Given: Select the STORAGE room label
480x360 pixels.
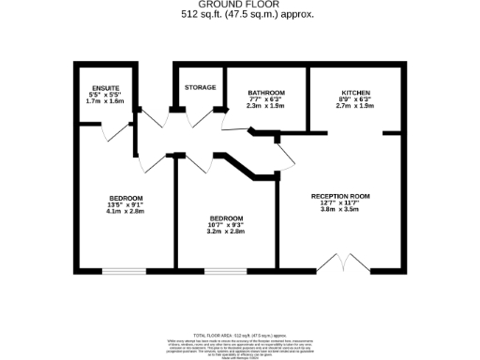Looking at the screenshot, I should pyautogui.click(x=200, y=87).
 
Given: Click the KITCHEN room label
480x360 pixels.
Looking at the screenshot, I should pyautogui.click(x=355, y=93).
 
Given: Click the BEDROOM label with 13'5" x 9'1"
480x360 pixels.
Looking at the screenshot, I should pyautogui.click(x=125, y=198).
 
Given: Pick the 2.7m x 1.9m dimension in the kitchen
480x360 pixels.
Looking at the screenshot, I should pyautogui.click(x=355, y=106).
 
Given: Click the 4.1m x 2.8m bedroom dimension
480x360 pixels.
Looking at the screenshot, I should pyautogui.click(x=125, y=212).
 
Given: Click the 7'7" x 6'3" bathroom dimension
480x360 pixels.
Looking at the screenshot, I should pyautogui.click(x=266, y=99).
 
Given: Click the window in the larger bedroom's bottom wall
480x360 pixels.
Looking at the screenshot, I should pyautogui.click(x=124, y=272).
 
